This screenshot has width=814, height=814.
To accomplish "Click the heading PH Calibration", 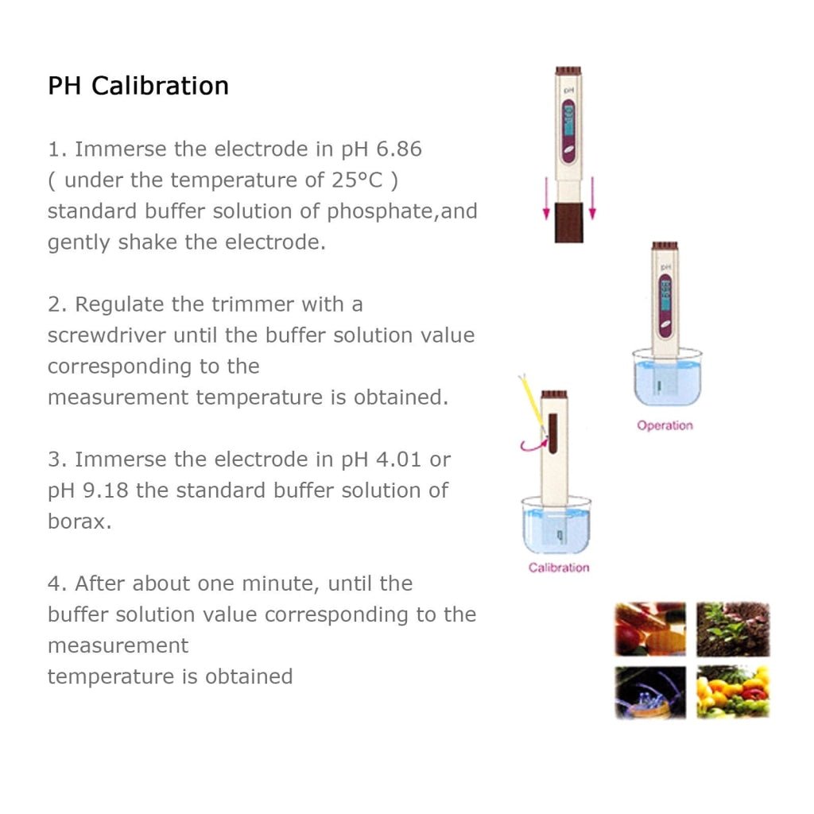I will click(x=138, y=86).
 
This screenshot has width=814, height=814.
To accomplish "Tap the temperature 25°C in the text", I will click(x=357, y=180).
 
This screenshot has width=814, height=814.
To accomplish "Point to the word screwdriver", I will click(x=107, y=335).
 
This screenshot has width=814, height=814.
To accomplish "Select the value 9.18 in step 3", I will click(x=106, y=490).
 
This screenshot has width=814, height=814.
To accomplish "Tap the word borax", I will click(x=76, y=521).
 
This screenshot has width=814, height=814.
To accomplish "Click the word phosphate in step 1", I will click(x=379, y=211).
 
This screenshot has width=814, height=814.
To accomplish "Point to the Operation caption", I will click(x=665, y=426).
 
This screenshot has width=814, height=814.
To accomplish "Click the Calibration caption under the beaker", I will click(x=559, y=568).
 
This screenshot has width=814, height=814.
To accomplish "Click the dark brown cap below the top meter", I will click(x=569, y=222).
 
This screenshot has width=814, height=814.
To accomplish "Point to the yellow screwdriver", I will click(x=531, y=401).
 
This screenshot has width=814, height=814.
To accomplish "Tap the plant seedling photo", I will click(x=733, y=629).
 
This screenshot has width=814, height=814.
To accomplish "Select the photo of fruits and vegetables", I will click(x=733, y=692).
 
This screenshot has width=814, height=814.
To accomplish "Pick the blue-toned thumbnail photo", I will click(x=650, y=692).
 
